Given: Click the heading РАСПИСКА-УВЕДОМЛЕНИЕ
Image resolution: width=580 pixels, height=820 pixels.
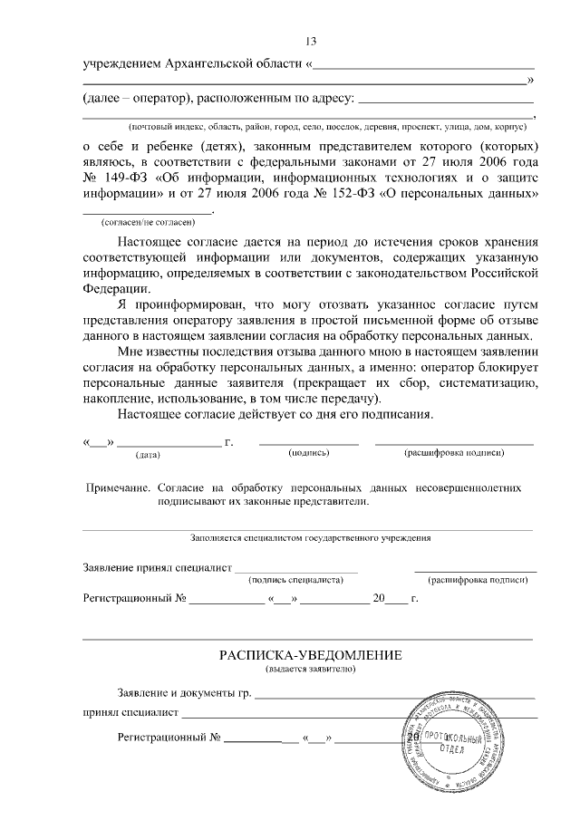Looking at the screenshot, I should pyautogui.click(x=310, y=655).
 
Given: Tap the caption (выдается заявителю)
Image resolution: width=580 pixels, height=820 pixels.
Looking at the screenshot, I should pyautogui.click(x=310, y=670).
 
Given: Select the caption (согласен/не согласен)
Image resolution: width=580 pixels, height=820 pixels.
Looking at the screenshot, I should pyautogui.click(x=148, y=221).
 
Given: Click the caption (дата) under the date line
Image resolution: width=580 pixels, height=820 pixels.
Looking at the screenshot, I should pyautogui.click(x=148, y=454).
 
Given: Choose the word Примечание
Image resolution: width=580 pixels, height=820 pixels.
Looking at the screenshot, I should pyautogui.click(x=117, y=487).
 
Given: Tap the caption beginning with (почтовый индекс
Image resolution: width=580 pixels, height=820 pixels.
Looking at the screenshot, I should pyautogui.click(x=333, y=126).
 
